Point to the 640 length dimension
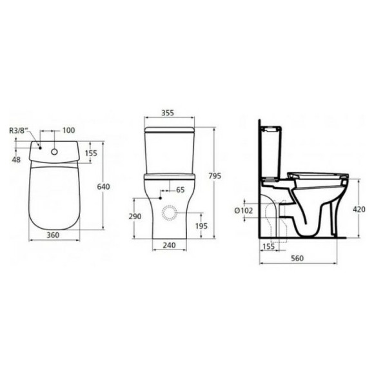point(103,187)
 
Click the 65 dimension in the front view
point(180,190)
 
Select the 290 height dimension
point(134,217)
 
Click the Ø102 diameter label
point(244,210)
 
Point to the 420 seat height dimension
point(359,209)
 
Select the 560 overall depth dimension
point(297,259)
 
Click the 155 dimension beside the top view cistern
point(90,153)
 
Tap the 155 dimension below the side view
point(268,246)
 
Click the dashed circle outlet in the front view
point(169,213)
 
